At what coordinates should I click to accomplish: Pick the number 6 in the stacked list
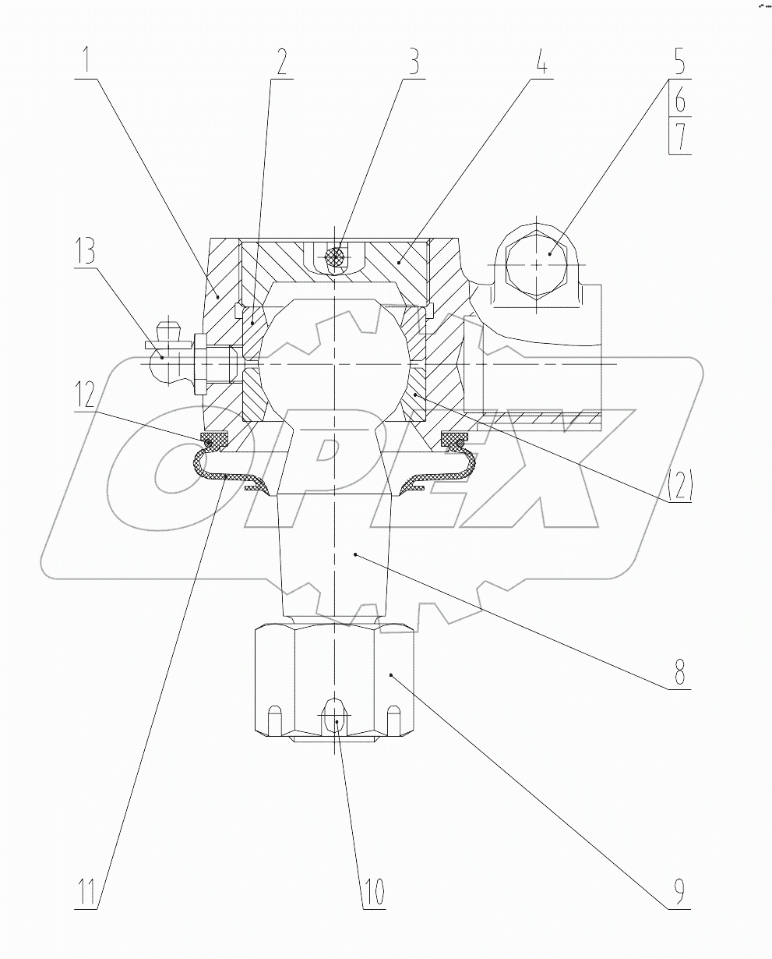(679, 100)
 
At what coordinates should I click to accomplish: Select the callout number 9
(679, 890)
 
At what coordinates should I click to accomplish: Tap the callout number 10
(372, 890)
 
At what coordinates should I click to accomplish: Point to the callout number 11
(89, 890)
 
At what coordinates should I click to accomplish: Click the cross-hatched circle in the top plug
(334, 258)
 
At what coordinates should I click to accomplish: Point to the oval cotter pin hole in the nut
(335, 714)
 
